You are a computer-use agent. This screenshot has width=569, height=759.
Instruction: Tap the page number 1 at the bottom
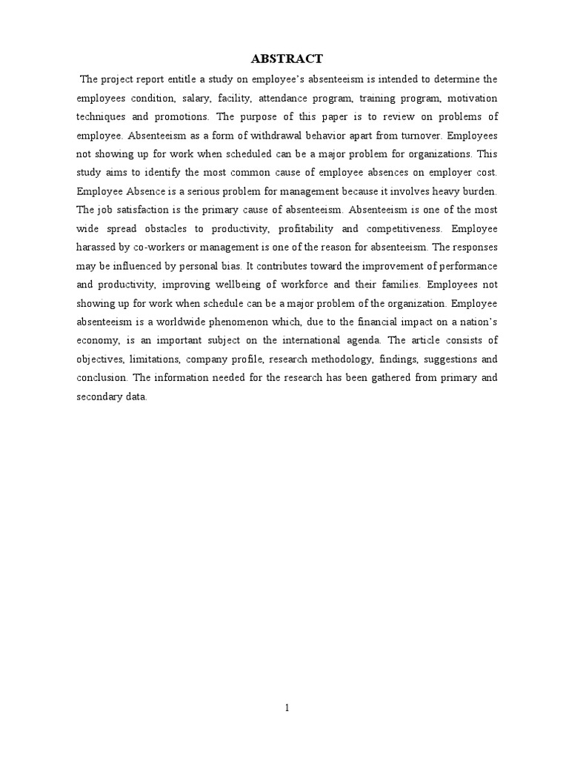pyautogui.click(x=287, y=707)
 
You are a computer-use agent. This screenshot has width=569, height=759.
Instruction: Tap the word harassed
pyautogui.click(x=99, y=248)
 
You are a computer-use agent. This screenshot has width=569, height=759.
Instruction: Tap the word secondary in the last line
pyautogui.click(x=99, y=397)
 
